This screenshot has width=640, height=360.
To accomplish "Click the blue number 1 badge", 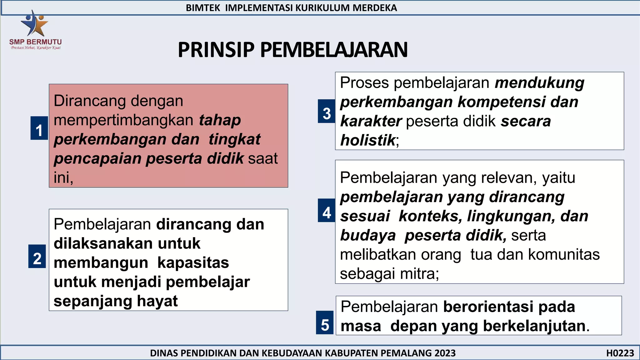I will tap(39, 128).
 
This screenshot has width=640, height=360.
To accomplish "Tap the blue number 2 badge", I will tap(37, 257).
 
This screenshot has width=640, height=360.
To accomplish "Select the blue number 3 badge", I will tap(327, 112).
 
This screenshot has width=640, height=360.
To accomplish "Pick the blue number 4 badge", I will tap(327, 211).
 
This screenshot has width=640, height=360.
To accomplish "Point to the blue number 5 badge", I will tap(325, 323).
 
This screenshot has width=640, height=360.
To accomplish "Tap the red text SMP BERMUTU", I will tap(35, 42).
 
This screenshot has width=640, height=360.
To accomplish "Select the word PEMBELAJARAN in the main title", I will tap(334, 50).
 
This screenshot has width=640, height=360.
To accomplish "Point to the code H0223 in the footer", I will tap(620, 353).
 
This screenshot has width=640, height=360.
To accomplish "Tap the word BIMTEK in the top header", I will tap(203, 8).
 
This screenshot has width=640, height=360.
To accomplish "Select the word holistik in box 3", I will tap(368, 140).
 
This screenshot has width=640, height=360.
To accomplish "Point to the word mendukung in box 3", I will tap(539, 83).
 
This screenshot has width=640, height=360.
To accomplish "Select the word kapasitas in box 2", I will tap(193, 263).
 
